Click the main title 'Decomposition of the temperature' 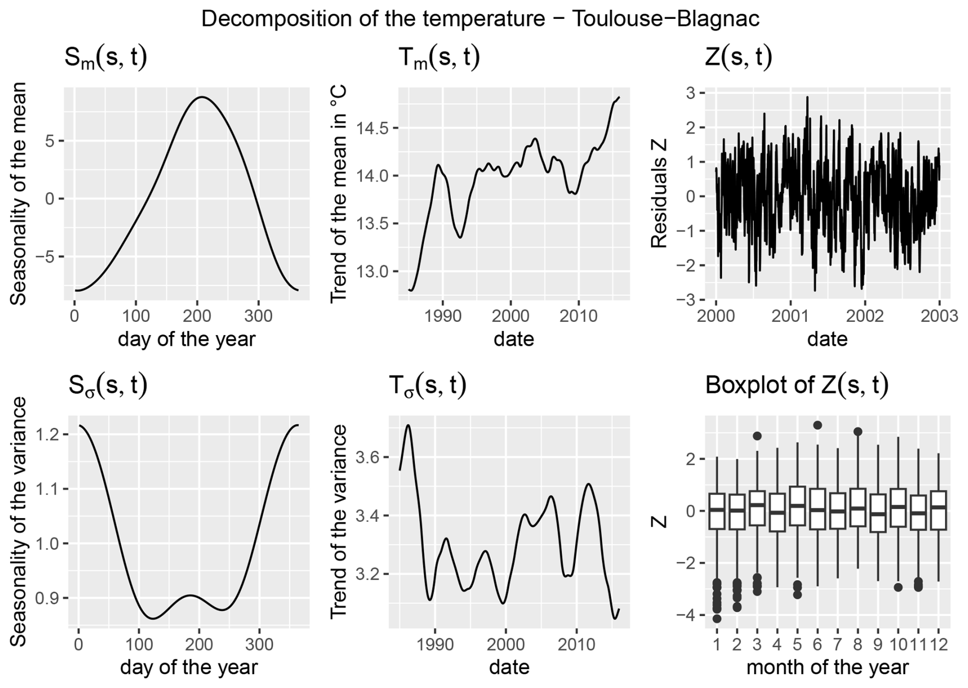[480, 19]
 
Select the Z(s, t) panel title [738, 57]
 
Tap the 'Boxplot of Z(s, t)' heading [796, 385]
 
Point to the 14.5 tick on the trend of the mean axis [372, 128]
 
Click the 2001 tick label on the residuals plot [790, 316]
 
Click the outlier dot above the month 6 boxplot [817, 425]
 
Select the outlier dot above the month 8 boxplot [857, 432]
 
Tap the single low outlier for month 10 [898, 587]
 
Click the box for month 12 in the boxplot [938, 510]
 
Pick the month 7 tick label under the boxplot [838, 643]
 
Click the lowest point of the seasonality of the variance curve [153, 618]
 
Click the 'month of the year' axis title [827, 667]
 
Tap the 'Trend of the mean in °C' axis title [338, 194]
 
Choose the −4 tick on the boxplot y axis [686, 615]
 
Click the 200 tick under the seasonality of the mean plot [197, 316]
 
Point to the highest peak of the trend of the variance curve [408, 425]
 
